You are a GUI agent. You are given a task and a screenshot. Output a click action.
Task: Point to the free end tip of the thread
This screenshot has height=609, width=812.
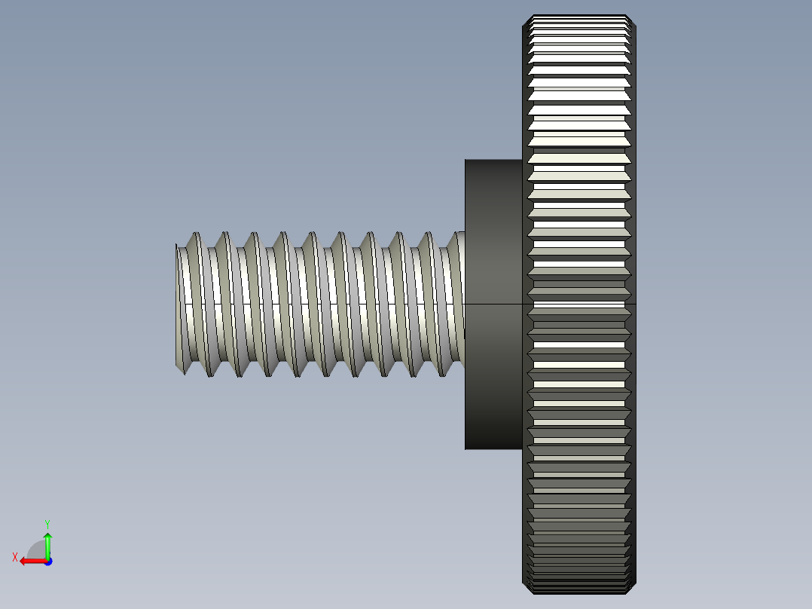[179, 304]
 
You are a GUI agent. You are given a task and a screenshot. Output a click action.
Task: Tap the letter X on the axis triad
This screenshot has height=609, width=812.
[15, 557]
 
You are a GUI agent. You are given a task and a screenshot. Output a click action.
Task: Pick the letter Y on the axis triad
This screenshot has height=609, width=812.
[47, 523]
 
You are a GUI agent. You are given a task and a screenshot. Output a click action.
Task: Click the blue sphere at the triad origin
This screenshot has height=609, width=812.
[47, 561]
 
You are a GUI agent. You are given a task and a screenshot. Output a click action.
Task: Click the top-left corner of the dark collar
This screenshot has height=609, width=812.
[466, 160]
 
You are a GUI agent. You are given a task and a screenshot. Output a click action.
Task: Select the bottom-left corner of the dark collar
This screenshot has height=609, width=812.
[466, 449]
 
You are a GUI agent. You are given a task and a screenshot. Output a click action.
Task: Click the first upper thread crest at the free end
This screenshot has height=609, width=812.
[197, 233]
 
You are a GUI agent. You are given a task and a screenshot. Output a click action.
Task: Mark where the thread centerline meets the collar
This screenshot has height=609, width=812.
[465, 304]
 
